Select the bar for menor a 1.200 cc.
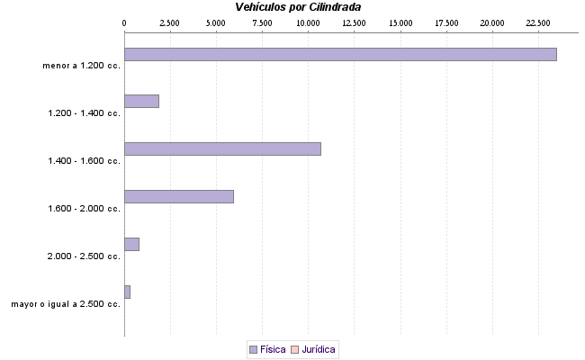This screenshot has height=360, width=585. pyautogui.click(x=340, y=54)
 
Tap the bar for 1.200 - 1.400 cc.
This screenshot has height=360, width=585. pyautogui.click(x=141, y=101)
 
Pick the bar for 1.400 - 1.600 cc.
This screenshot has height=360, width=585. pyautogui.click(x=222, y=148)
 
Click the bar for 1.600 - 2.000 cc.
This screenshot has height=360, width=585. pyautogui.click(x=179, y=196)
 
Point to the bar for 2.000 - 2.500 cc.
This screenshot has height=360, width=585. pyautogui.click(x=131, y=244)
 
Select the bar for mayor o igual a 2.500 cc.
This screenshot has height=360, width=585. pyautogui.click(x=127, y=292)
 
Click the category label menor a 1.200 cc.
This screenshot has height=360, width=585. pyautogui.click(x=81, y=66)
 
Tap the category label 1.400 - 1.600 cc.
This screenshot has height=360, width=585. pyautogui.click(x=84, y=161)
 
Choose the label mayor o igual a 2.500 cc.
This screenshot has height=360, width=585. pyautogui.click(x=66, y=304)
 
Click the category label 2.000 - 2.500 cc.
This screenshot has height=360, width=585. pyautogui.click(x=84, y=256)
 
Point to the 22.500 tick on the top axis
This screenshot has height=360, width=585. pyautogui.click(x=538, y=22)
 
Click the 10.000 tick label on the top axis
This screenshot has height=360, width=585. pyautogui.click(x=308, y=22)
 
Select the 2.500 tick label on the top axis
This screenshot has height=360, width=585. pyautogui.click(x=169, y=22)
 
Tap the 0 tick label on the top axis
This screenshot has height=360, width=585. pyautogui.click(x=124, y=22)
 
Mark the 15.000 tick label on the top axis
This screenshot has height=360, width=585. pyautogui.click(x=400, y=22)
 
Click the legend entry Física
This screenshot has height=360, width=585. pyautogui.click(x=273, y=349)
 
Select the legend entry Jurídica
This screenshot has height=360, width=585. pyautogui.click(x=319, y=349)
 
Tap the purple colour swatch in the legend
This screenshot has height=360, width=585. pyautogui.click(x=253, y=349)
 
